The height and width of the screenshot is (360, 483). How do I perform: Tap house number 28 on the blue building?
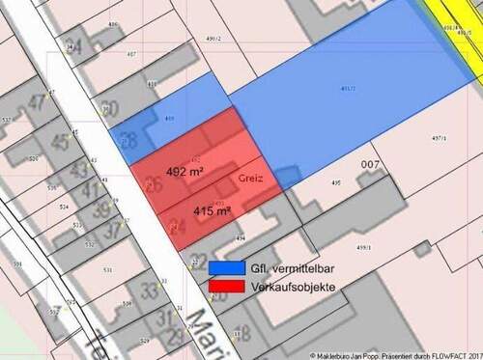click(128, 140)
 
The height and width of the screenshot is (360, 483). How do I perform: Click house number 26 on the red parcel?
click(153, 183)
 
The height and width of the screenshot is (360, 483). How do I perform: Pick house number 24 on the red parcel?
click(176, 227)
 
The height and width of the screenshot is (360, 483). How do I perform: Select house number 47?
click(38, 102)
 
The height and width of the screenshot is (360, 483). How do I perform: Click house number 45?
click(59, 142)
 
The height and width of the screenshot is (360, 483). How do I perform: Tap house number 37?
click(114, 229)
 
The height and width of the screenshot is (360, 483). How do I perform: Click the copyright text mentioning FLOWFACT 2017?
click(397, 354)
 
